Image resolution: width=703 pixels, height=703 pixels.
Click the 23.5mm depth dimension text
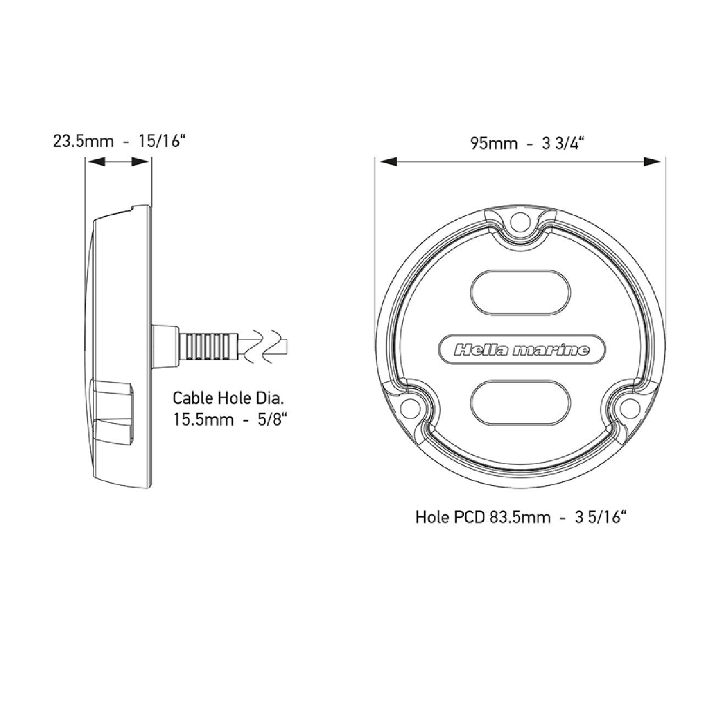[83, 141]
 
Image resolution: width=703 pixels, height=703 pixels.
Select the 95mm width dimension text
[494, 143]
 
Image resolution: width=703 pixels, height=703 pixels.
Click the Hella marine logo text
[522, 350]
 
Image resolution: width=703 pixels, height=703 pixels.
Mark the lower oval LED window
[521, 403]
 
